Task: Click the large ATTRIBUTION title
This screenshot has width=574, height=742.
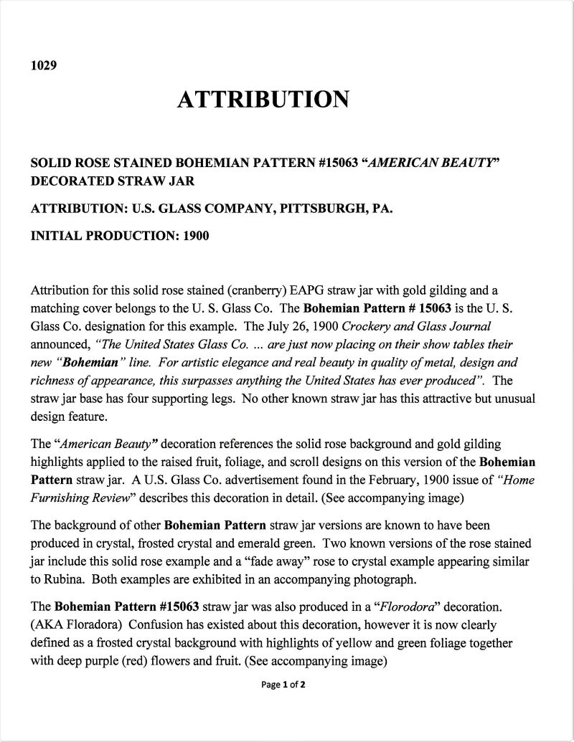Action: pyautogui.click(x=263, y=100)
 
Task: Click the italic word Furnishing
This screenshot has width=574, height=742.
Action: pyautogui.click(x=60, y=496)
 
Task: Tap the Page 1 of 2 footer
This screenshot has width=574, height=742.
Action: pyautogui.click(x=286, y=685)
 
